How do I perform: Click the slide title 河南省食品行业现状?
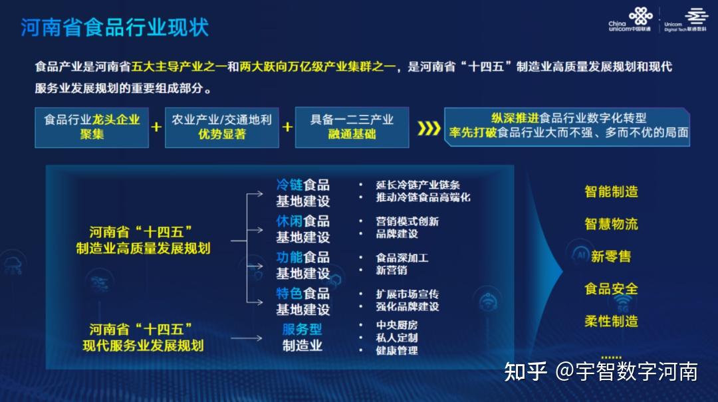coord(114,27)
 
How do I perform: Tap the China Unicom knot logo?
coord(641,16)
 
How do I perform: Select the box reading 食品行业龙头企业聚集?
coord(92,128)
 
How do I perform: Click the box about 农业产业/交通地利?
coord(221,128)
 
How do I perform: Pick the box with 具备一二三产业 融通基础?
coord(352,128)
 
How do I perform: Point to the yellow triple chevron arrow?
coord(429,128)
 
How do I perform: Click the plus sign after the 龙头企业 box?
coord(157,127)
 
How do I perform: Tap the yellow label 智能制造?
coord(612,191)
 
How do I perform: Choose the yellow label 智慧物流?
coord(612,224)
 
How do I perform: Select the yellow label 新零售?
coord(611,256)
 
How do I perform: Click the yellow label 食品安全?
coord(612,289)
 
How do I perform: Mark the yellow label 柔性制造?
coord(612,321)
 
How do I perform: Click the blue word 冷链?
coord(289,185)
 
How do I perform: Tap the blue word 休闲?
coord(289,221)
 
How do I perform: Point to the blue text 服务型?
coord(302,329)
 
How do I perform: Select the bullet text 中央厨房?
coord(396,325)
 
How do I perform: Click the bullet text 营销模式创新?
coord(407,222)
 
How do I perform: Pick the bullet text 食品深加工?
coord(402,258)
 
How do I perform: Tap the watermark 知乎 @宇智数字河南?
coord(601,371)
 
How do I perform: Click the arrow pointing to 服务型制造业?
coord(247,338)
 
